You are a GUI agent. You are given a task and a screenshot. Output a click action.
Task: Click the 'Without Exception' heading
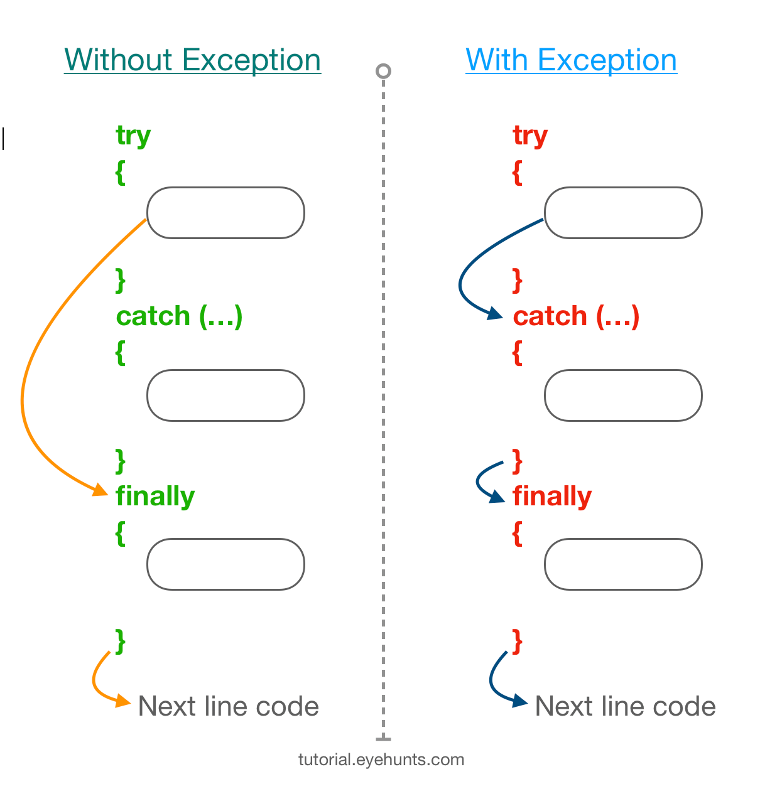pyautogui.click(x=192, y=60)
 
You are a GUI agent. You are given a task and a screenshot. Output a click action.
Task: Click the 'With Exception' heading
pyautogui.click(x=571, y=60)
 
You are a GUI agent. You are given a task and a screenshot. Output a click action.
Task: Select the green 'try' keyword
pyautogui.click(x=133, y=136)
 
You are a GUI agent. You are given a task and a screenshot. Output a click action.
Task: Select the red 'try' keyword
pyautogui.click(x=530, y=136)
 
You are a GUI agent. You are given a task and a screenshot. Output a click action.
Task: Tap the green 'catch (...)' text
pyautogui.click(x=179, y=316)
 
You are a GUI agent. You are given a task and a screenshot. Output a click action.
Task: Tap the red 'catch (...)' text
pyautogui.click(x=576, y=316)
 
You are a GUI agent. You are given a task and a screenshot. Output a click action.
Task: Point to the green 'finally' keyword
pyautogui.click(x=155, y=496)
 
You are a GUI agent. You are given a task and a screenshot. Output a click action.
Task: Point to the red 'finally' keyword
pyautogui.click(x=552, y=496)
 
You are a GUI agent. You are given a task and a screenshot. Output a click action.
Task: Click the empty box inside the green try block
pyautogui.click(x=225, y=213)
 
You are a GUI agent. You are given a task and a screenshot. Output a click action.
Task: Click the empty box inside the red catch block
pyautogui.click(x=622, y=395)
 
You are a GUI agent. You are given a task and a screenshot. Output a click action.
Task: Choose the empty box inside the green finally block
pyautogui.click(x=225, y=564)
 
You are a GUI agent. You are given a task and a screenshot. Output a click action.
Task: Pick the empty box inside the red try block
pyautogui.click(x=622, y=213)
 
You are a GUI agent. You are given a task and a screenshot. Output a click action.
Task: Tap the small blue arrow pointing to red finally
pyautogui.click(x=481, y=480)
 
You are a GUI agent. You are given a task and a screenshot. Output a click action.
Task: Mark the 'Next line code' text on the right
pyautogui.click(x=625, y=706)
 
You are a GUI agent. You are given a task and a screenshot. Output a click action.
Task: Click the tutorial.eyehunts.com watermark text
pyautogui.click(x=381, y=760)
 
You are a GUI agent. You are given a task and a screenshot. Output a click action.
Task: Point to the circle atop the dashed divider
pyautogui.click(x=383, y=71)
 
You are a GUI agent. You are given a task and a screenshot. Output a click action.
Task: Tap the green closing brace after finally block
pyautogui.click(x=121, y=641)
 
